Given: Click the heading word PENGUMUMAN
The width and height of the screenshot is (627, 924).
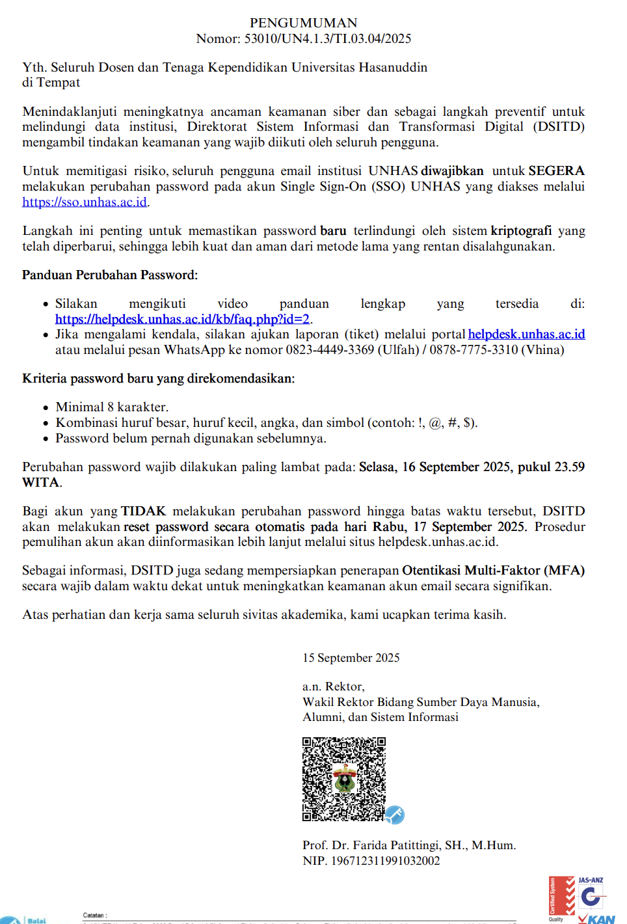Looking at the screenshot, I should point(303,23).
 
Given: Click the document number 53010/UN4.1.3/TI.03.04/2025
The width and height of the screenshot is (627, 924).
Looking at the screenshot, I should point(327,38).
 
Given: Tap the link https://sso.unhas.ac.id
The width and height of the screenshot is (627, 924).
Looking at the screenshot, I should point(85,202).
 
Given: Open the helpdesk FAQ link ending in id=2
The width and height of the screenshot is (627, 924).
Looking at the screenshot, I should point(182,319).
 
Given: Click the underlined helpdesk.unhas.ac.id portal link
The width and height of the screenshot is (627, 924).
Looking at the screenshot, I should point(526,334).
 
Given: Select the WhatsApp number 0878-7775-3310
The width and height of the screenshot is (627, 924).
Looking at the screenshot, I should point(474,349).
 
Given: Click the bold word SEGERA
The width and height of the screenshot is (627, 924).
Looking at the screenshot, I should point(556,170).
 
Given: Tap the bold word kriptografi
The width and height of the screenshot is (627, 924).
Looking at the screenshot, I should point(521,230).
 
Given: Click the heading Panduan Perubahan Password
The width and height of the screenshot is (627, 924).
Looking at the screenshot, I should point(109,275).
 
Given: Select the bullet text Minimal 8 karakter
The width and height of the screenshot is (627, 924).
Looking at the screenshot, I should point(112,407).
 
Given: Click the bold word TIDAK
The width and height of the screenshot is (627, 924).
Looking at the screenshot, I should point(143,511).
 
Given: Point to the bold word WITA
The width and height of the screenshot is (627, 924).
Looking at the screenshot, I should point(41,482).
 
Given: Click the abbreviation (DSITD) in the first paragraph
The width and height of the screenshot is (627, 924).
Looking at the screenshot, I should point(559,126).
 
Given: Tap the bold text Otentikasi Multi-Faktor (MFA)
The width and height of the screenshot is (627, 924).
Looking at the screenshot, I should point(493,570).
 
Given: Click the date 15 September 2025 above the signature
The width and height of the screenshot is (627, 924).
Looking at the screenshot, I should point(351,657).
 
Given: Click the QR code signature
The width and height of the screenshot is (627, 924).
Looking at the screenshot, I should point(343,779).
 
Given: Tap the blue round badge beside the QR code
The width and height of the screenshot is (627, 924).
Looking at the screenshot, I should point(395,814).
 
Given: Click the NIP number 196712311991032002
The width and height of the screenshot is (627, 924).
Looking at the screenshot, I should point(385,860).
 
